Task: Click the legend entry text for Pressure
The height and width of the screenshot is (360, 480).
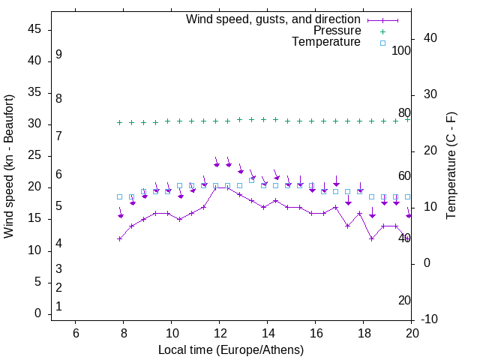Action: pyautogui.click(x=337, y=31)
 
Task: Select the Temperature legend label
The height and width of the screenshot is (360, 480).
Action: pyautogui.click(x=326, y=42)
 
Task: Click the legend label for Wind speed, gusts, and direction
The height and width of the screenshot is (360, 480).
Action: pyautogui.click(x=274, y=19)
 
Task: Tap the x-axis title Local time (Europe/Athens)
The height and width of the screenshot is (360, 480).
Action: pyautogui.click(x=231, y=350)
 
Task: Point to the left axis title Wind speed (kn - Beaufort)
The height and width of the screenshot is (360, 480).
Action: pyautogui.click(x=9, y=166)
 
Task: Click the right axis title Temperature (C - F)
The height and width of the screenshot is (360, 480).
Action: pyautogui.click(x=451, y=166)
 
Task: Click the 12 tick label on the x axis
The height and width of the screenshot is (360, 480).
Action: pyautogui.click(x=219, y=333)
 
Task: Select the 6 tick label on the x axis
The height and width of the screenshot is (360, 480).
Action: pyautogui.click(x=75, y=333)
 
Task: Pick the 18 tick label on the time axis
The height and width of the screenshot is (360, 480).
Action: pyautogui.click(x=364, y=333)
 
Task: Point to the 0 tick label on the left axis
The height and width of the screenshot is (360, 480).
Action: pyautogui.click(x=38, y=313)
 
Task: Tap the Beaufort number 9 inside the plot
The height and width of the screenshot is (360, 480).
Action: pyautogui.click(x=58, y=55)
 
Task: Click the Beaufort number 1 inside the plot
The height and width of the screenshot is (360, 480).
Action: pyautogui.click(x=58, y=306)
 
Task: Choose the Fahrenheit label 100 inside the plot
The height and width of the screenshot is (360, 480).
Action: pyautogui.click(x=401, y=50)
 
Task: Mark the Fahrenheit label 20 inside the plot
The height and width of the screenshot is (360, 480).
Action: pyautogui.click(x=404, y=300)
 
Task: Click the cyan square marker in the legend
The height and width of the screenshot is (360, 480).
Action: pyautogui.click(x=382, y=43)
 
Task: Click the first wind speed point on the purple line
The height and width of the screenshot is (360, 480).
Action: pyautogui.click(x=119, y=238)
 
